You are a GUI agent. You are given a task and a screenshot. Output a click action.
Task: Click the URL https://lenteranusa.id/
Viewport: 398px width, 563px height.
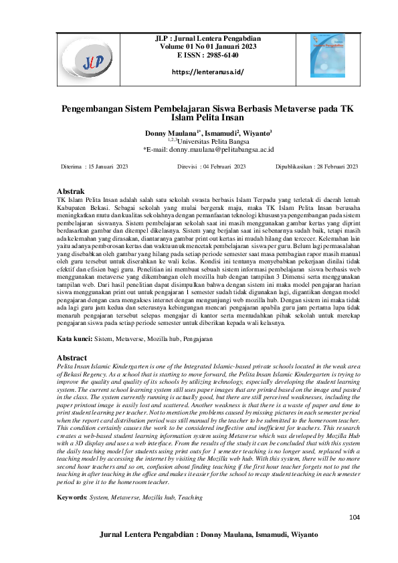point(207,72)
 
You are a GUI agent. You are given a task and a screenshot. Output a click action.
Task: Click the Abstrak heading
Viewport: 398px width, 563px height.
point(72,191)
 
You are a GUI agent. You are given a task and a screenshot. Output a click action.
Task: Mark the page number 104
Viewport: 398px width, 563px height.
point(355,519)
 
